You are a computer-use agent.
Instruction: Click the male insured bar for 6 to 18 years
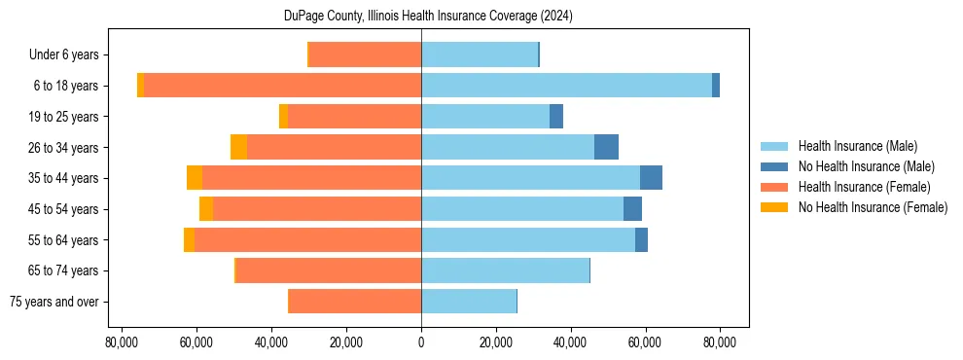click(566, 86)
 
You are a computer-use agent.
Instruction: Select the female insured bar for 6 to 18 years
click(282, 86)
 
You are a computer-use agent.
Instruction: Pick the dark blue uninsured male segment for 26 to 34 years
click(606, 147)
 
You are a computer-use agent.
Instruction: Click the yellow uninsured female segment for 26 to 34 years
click(238, 147)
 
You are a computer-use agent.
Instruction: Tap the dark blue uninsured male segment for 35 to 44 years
click(651, 178)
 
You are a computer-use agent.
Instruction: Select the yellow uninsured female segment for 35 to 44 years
click(195, 178)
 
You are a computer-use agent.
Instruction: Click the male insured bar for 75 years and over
click(468, 302)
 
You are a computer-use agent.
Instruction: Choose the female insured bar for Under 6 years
click(365, 54)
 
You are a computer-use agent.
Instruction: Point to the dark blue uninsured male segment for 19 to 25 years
click(556, 117)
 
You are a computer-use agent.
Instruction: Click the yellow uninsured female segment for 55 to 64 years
click(189, 240)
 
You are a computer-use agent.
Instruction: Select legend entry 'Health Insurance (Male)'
click(857, 146)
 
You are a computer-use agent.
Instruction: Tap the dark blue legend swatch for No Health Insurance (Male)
click(774, 166)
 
